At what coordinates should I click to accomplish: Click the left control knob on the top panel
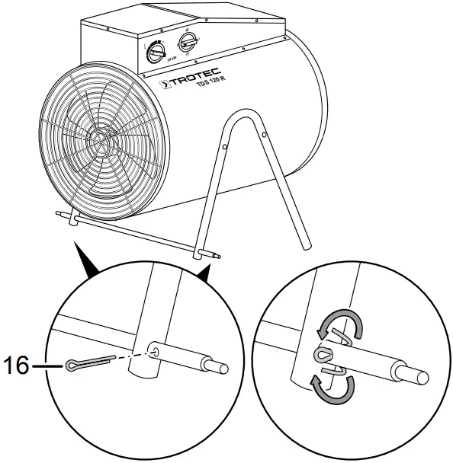click(x=156, y=51)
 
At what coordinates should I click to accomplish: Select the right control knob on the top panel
click(x=187, y=40)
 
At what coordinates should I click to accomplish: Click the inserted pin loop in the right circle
click(x=323, y=354)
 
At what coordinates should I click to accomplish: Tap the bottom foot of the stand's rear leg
click(x=307, y=244)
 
